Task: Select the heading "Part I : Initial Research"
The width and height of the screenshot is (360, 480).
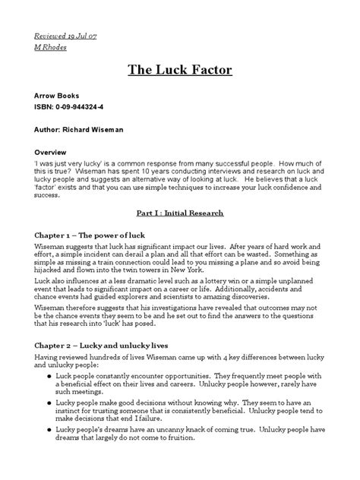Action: click(179, 213)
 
